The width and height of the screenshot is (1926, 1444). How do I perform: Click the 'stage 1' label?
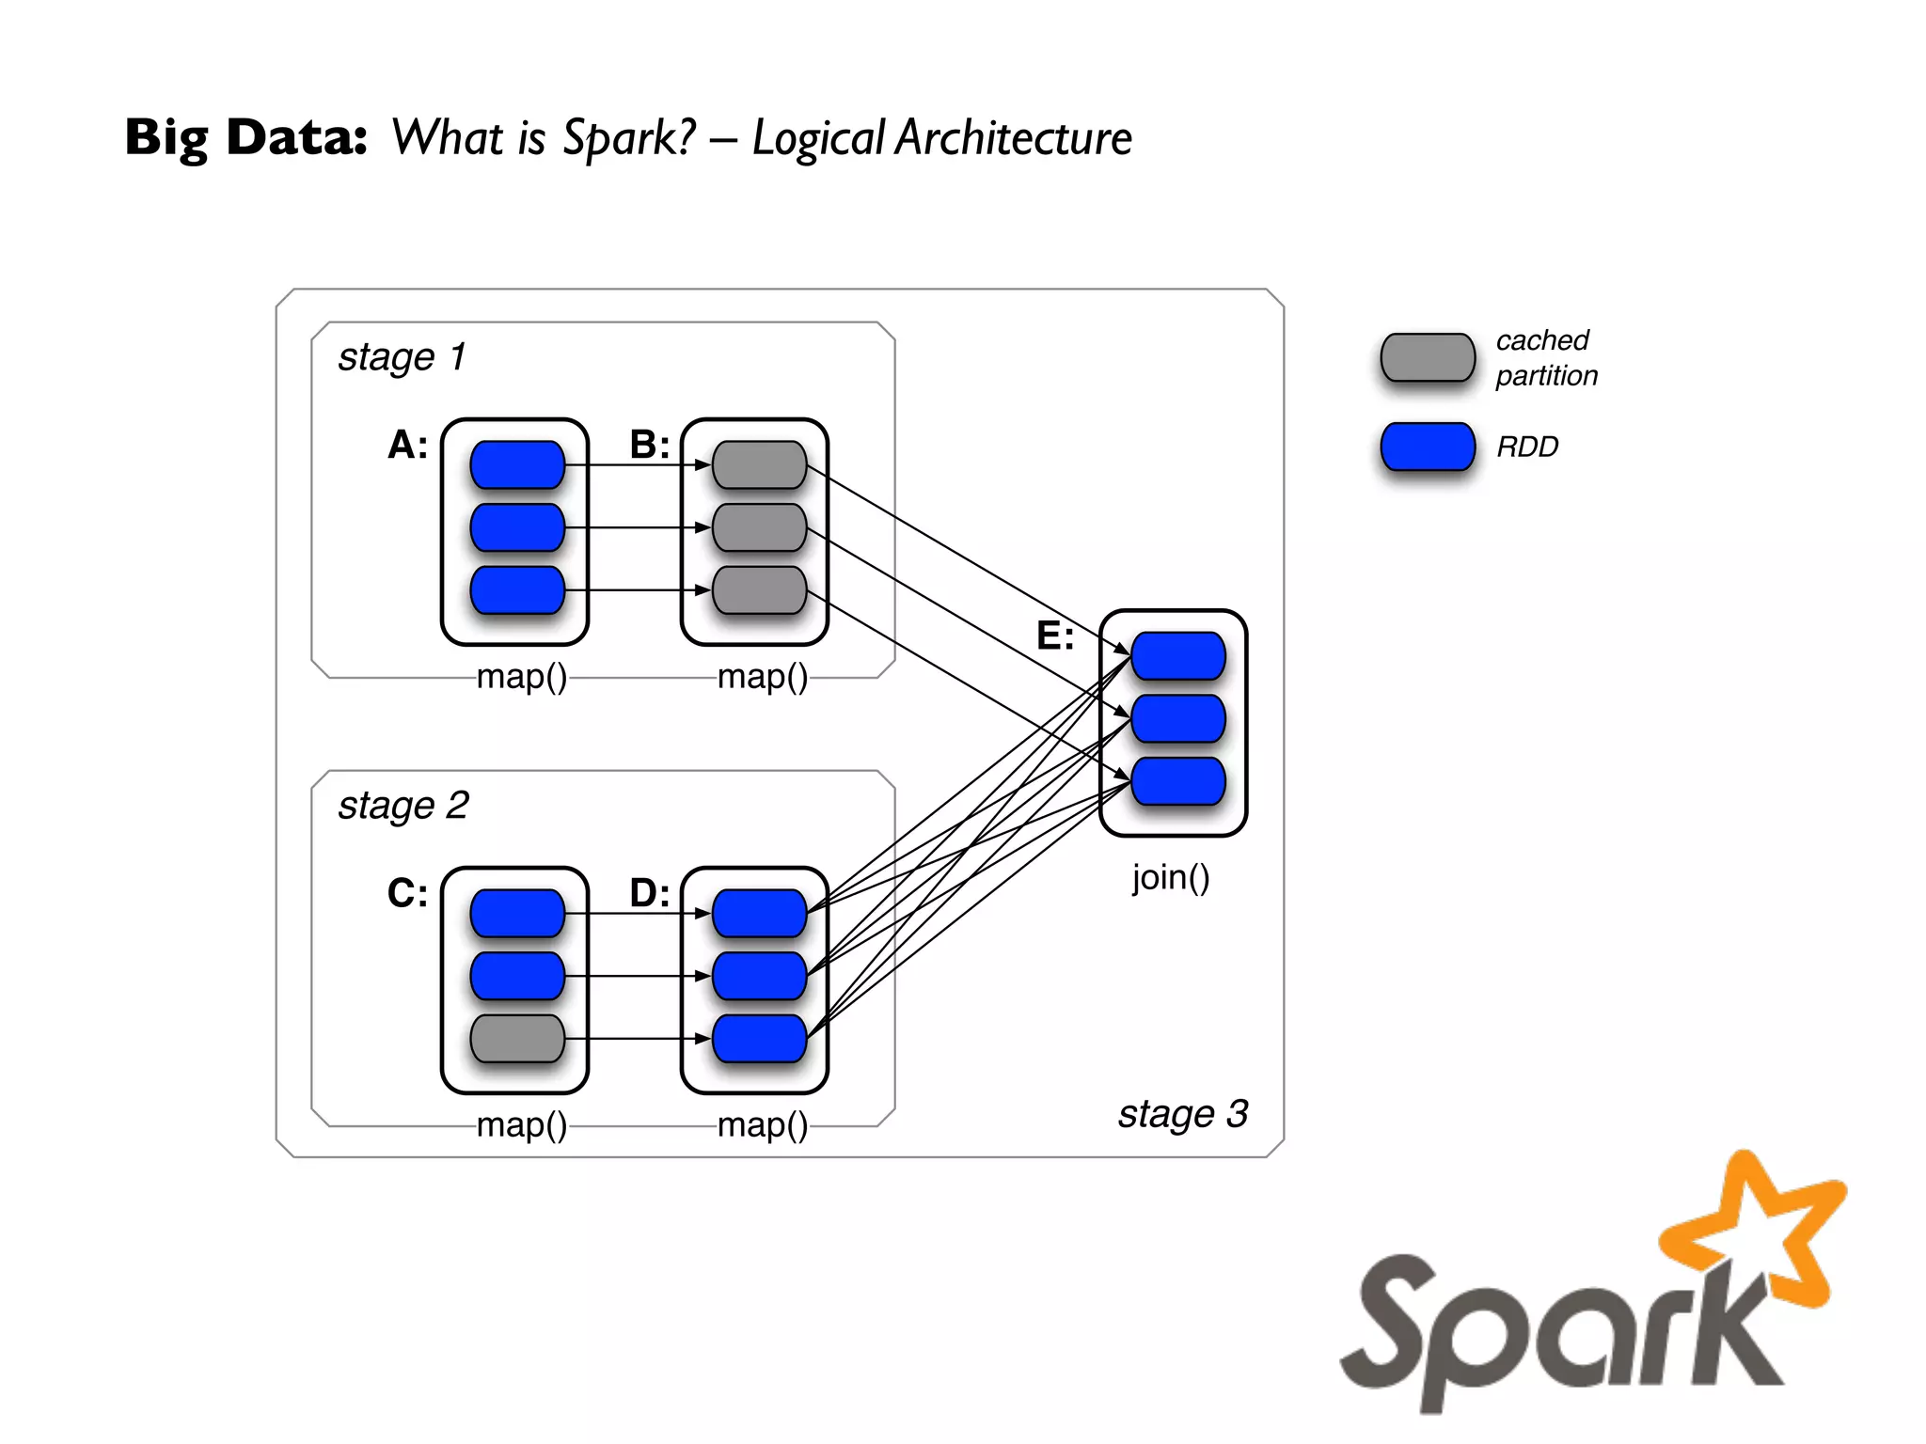coord(402,357)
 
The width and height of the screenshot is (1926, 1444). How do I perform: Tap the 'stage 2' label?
coord(403,806)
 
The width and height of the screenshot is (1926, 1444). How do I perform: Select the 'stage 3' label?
coord(1182,1114)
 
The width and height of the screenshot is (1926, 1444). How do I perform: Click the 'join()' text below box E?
coord(1170,877)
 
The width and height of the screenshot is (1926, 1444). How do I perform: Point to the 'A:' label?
coord(407,445)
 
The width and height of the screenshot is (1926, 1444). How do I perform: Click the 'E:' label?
coord(1054,636)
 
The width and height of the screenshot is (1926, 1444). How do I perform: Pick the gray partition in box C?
coord(517,1038)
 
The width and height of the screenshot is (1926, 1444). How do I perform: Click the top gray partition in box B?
coord(759,464)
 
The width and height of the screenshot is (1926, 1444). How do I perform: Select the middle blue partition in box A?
coord(517,527)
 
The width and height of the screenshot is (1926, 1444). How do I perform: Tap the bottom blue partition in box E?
coord(1177,781)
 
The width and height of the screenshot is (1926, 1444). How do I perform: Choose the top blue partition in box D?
coord(759,913)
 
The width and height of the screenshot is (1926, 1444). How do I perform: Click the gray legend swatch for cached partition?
coord(1427,357)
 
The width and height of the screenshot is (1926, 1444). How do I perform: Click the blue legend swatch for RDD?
coord(1427,447)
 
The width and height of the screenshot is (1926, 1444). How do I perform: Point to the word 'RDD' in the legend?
coord(1527,447)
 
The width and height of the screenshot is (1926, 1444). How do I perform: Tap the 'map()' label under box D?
coord(762,1125)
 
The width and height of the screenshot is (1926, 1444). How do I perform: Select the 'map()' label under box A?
coord(522,677)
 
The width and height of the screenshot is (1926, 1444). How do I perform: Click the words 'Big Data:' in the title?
coord(245,137)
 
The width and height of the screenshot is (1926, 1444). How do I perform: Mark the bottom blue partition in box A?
coord(517,589)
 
